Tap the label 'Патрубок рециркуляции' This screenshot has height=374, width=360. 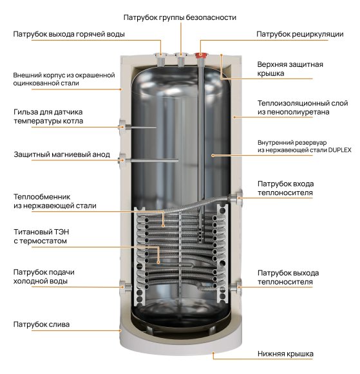(x=296, y=33)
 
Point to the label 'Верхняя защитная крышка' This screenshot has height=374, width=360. (x=290, y=70)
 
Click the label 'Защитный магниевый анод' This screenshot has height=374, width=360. (x=61, y=154)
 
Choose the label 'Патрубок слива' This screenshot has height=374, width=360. (x=42, y=324)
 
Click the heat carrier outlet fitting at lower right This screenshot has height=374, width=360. (x=237, y=285)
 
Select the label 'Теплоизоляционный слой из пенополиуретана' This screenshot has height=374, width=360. (x=294, y=107)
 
